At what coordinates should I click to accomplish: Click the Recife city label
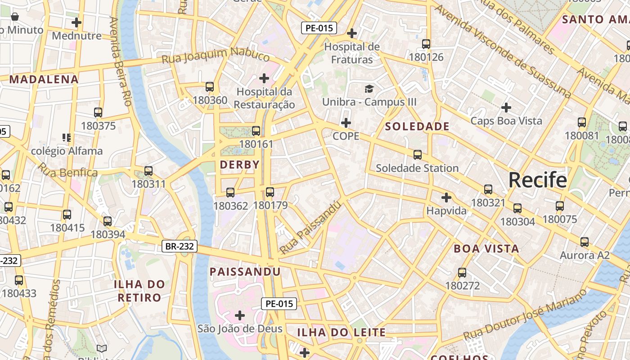537,180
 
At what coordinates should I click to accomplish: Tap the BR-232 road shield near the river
179,246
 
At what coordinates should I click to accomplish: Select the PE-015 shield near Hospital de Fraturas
319,28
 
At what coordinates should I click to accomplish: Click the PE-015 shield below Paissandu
279,303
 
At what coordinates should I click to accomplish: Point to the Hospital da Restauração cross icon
264,78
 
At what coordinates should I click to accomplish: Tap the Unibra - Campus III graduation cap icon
369,89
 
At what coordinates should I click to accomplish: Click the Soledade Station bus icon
418,155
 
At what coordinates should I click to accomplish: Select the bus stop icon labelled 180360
209,87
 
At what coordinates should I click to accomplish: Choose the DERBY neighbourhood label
240,165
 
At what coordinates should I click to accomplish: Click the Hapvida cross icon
446,197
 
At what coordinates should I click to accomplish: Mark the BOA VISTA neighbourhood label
486,248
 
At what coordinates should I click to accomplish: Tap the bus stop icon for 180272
462,272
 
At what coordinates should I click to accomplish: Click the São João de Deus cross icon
240,315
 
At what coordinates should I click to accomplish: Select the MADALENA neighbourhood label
44,80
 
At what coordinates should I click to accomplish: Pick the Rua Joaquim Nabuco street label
216,56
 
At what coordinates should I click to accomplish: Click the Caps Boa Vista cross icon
506,108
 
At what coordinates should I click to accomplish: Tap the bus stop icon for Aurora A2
585,242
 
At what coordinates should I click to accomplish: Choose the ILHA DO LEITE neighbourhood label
342,333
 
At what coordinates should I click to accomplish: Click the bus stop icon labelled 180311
148,171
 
